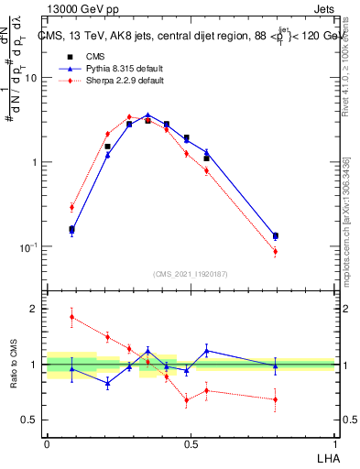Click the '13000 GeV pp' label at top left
pyautogui.click(x=77, y=7)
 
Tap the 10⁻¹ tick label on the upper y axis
pyautogui.click(x=27, y=247)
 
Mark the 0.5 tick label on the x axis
pyautogui.click(x=191, y=443)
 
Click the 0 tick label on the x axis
pyautogui.click(x=47, y=443)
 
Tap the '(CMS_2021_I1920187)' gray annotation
pyautogui.click(x=191, y=274)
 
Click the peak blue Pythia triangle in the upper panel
pyautogui.click(x=147, y=115)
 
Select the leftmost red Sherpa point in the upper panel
pyautogui.click(x=71, y=207)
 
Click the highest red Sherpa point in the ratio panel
pyautogui.click(x=71, y=317)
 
